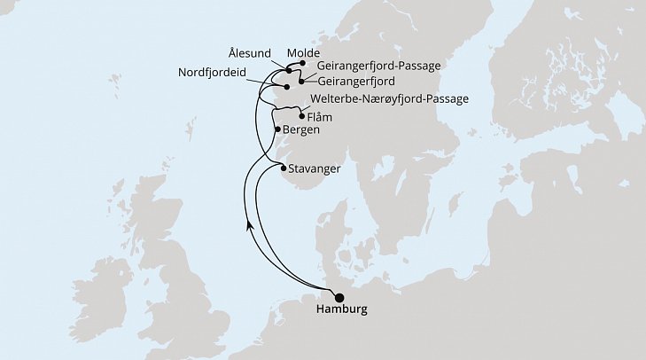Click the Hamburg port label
[341, 311]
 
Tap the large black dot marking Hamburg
[339, 298]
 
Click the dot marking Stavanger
[284, 168]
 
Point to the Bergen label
[302, 129]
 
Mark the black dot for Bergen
[279, 129]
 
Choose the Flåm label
[322, 115]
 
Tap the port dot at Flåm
[303, 115]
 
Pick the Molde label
[303, 52]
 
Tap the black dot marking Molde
[303, 64]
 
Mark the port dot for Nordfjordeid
[286, 87]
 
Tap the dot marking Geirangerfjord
[302, 82]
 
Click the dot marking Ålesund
[290, 70]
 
